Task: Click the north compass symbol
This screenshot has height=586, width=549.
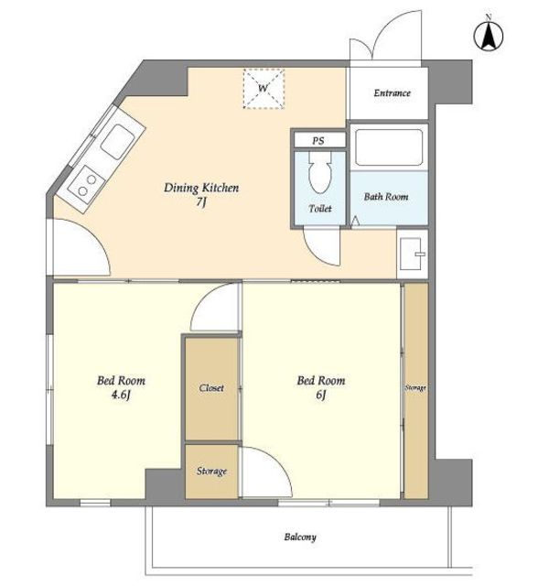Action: pos(488,36)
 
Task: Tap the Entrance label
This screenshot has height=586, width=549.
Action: pos(392,92)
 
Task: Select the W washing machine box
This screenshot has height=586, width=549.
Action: pos(264,89)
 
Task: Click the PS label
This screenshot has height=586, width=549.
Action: pos(318,141)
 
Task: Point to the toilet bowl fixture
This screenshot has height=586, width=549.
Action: pos(320,172)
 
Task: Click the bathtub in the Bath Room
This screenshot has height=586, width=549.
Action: pos(389,147)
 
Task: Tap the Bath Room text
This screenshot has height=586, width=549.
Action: pos(386,197)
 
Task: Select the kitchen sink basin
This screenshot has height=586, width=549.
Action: pos(118,142)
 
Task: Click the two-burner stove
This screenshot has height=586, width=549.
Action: pos(87,185)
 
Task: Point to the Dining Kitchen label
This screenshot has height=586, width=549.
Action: pos(201,188)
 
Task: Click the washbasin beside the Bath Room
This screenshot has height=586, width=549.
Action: pos(412,255)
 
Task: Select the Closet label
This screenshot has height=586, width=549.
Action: pos(211,388)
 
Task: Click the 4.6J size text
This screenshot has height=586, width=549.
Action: pos(120,395)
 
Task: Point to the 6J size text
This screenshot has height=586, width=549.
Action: pos(321,395)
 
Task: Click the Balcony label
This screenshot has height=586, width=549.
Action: pos(300,537)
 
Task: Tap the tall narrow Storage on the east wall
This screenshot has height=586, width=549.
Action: pos(415,391)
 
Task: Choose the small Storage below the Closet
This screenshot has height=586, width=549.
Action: pos(211,472)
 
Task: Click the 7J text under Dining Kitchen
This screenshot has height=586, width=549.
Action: pos(201,202)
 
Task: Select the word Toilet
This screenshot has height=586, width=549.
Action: pos(320,209)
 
